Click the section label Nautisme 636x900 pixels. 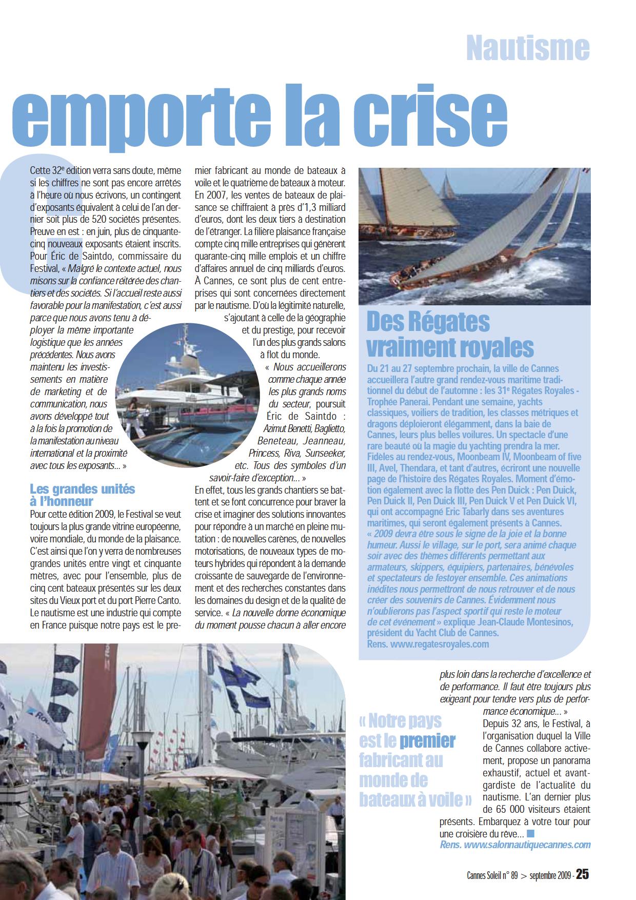tap(528, 48)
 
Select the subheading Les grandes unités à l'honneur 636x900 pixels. tap(82, 495)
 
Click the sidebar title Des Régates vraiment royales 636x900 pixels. tap(450, 334)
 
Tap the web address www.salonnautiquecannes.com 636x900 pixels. tap(527, 845)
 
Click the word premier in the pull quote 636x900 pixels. tap(427, 740)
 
